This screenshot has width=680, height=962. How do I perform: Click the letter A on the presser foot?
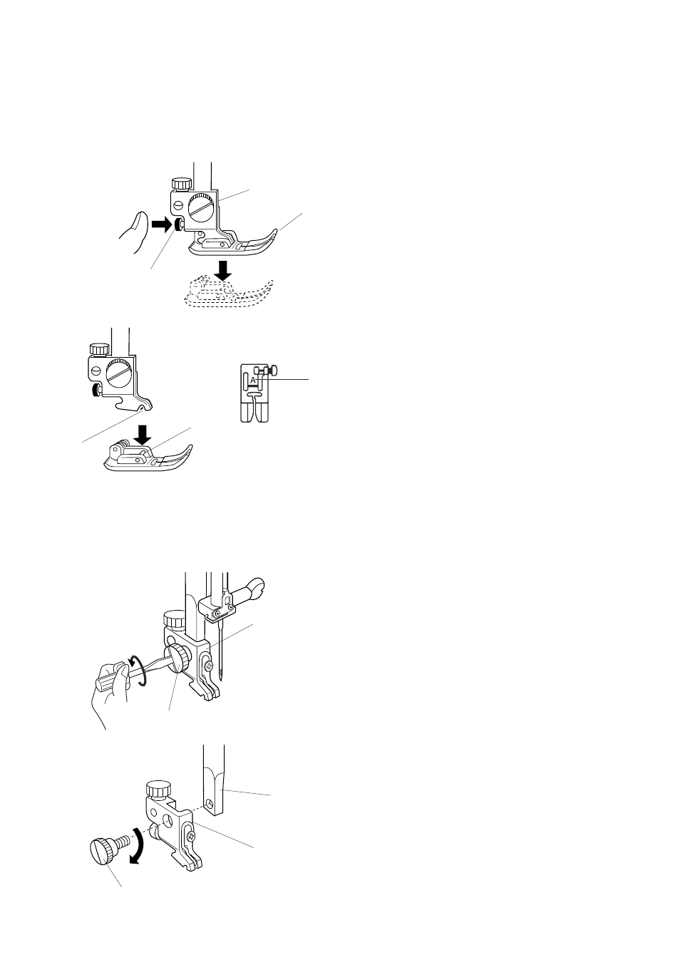point(252,380)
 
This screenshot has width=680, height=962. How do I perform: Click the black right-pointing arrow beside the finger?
point(161,225)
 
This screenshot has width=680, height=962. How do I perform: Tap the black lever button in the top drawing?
point(177,224)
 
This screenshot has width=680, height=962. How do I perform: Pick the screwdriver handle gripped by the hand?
point(112,679)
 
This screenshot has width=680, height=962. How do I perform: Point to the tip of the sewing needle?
point(220,678)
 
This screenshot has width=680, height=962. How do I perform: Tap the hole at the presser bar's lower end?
point(210,802)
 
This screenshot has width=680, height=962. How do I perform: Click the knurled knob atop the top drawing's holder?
point(181,183)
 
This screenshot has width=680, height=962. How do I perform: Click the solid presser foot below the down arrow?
point(148,457)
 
